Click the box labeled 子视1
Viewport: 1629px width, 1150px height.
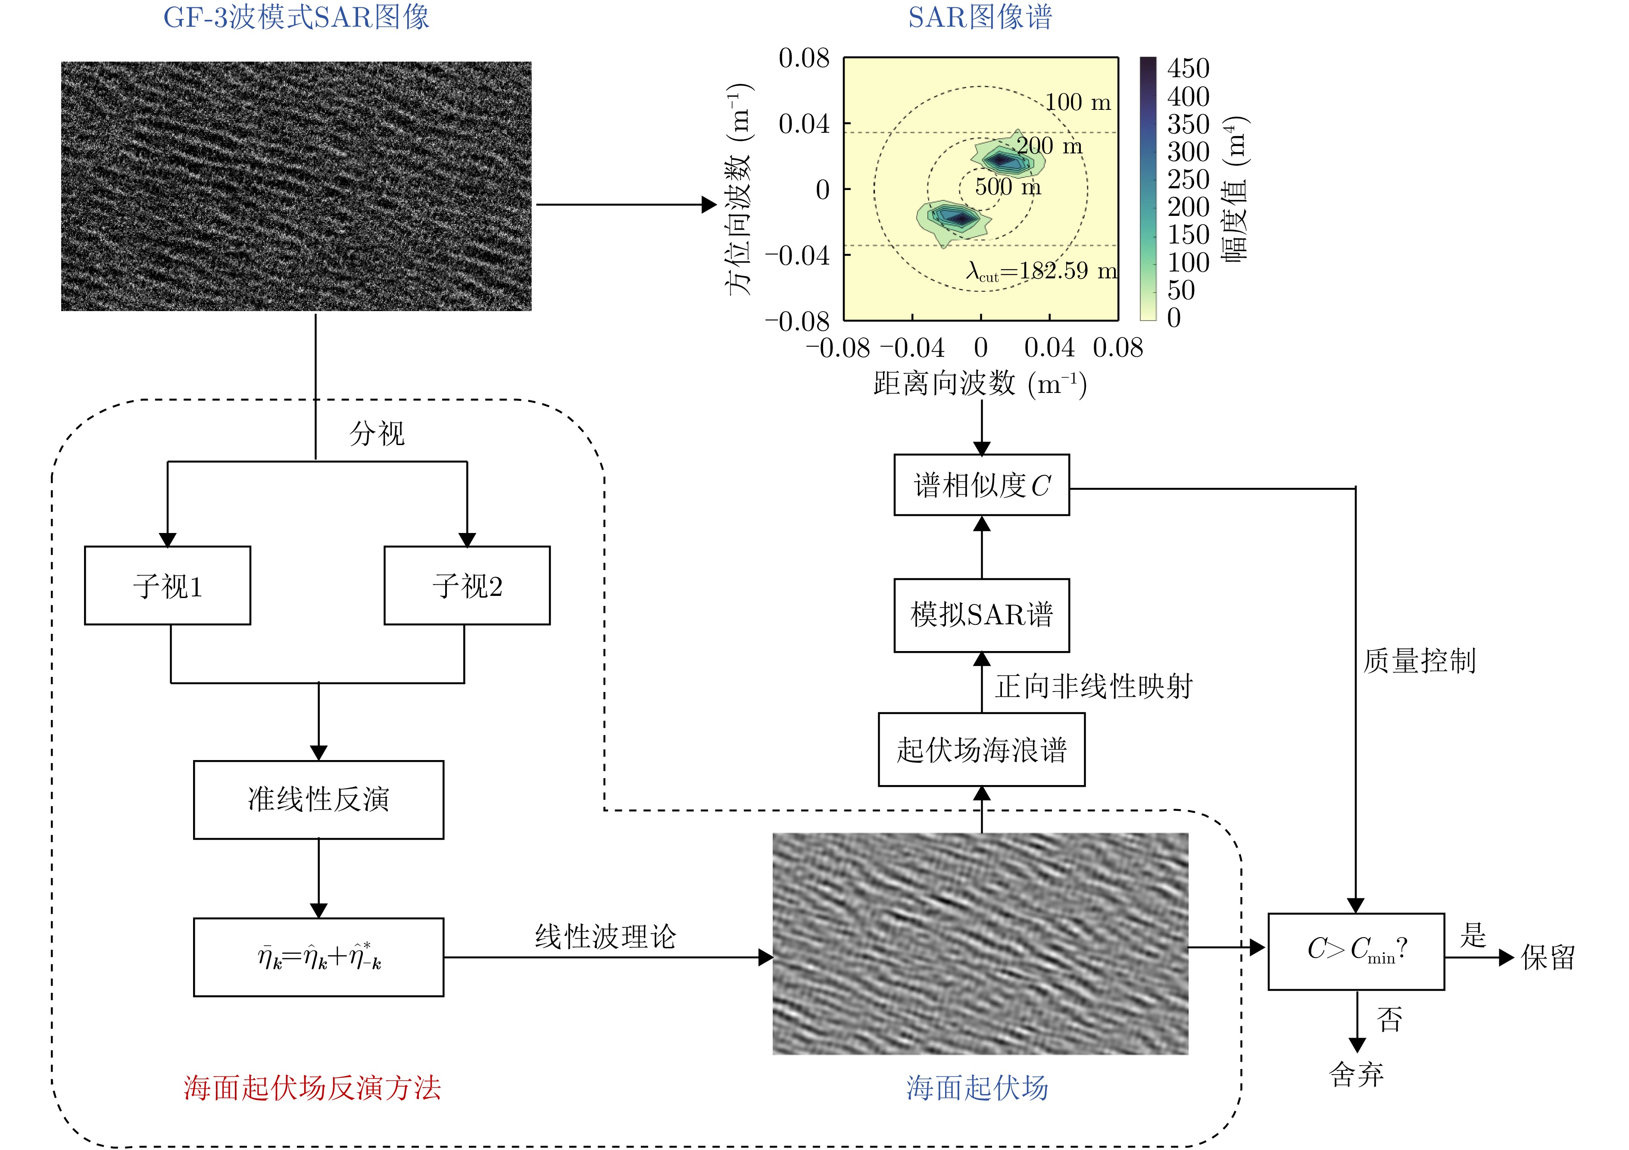point(168,585)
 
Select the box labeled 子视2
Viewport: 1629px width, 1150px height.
point(467,585)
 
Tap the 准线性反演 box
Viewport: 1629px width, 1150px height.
point(318,800)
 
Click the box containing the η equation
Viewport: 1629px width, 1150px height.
point(318,957)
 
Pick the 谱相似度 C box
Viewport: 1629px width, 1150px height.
point(981,485)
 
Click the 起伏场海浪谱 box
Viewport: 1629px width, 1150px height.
point(981,750)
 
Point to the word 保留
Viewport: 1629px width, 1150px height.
point(1548,958)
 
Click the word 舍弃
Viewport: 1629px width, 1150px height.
point(1356,1075)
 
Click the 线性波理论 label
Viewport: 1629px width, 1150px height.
point(605,936)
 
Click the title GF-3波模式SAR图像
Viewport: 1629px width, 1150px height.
point(296,17)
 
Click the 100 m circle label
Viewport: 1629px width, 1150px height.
point(1078,102)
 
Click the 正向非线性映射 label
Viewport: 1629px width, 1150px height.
point(1093,686)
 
